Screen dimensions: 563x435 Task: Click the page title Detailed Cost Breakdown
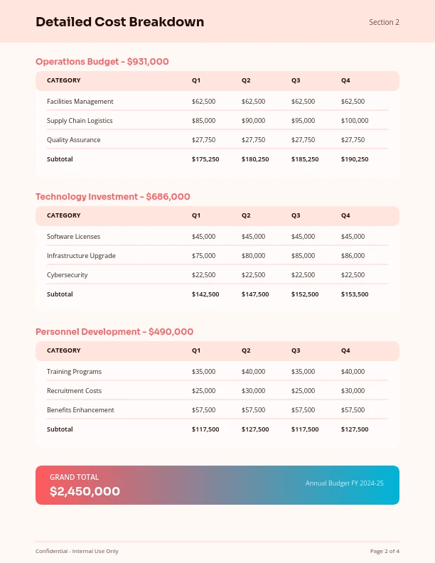(119, 22)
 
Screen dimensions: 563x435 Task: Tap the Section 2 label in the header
(384, 22)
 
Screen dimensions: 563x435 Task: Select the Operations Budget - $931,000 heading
(102, 62)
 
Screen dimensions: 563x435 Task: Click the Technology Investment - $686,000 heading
(112, 197)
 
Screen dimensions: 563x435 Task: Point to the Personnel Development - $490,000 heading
(114, 332)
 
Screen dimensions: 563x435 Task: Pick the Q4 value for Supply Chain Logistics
(355, 121)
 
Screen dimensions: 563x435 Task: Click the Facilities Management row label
(80, 102)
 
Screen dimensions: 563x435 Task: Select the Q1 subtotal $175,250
(205, 159)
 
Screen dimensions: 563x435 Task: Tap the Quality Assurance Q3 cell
(303, 140)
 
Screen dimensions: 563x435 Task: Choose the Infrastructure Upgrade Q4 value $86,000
(353, 256)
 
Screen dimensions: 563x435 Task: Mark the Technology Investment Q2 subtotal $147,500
(255, 294)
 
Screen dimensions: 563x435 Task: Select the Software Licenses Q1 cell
(203, 237)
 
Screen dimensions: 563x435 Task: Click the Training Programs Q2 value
(253, 372)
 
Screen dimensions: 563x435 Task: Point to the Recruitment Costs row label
(74, 391)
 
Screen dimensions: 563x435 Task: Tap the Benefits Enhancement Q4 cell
(353, 410)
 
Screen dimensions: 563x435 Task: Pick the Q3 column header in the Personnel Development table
(296, 350)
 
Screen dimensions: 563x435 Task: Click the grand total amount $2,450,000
(85, 491)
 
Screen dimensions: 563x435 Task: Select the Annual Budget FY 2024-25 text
(344, 483)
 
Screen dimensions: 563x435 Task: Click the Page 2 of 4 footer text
(385, 551)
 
